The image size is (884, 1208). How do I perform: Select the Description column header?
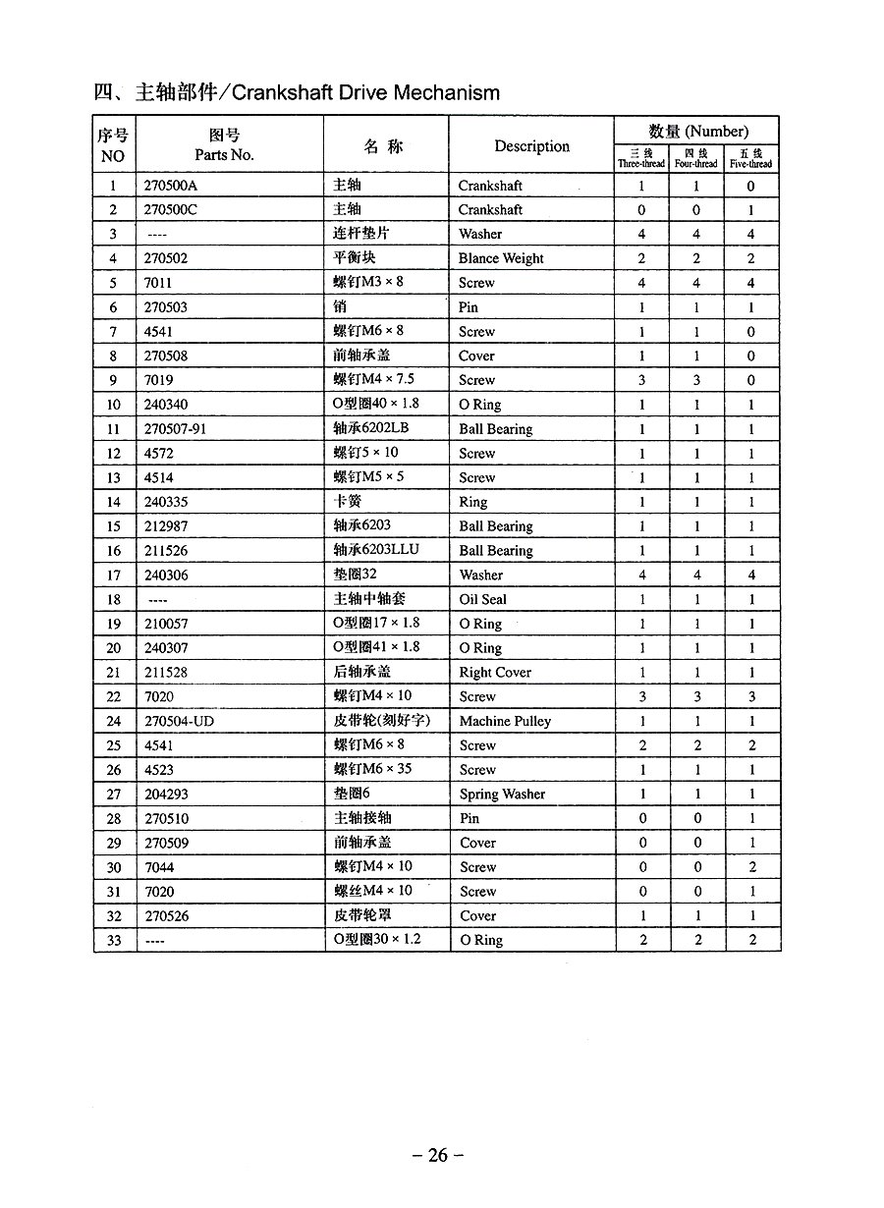[x=531, y=146]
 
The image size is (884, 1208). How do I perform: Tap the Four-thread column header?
[x=696, y=158]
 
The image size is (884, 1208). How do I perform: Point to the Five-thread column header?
[x=751, y=158]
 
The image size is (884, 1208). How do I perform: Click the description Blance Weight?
[x=501, y=258]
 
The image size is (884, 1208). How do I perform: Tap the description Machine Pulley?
[x=505, y=721]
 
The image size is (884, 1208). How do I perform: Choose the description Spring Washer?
[x=502, y=795]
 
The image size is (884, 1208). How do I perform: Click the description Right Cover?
[x=495, y=673]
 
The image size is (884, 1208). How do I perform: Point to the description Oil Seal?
[x=482, y=599]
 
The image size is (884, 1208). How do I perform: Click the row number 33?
[x=114, y=940]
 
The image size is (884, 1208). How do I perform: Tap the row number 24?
[x=114, y=721]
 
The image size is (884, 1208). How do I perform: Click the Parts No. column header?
[x=224, y=145]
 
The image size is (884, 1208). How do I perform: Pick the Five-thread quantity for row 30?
[x=752, y=867]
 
